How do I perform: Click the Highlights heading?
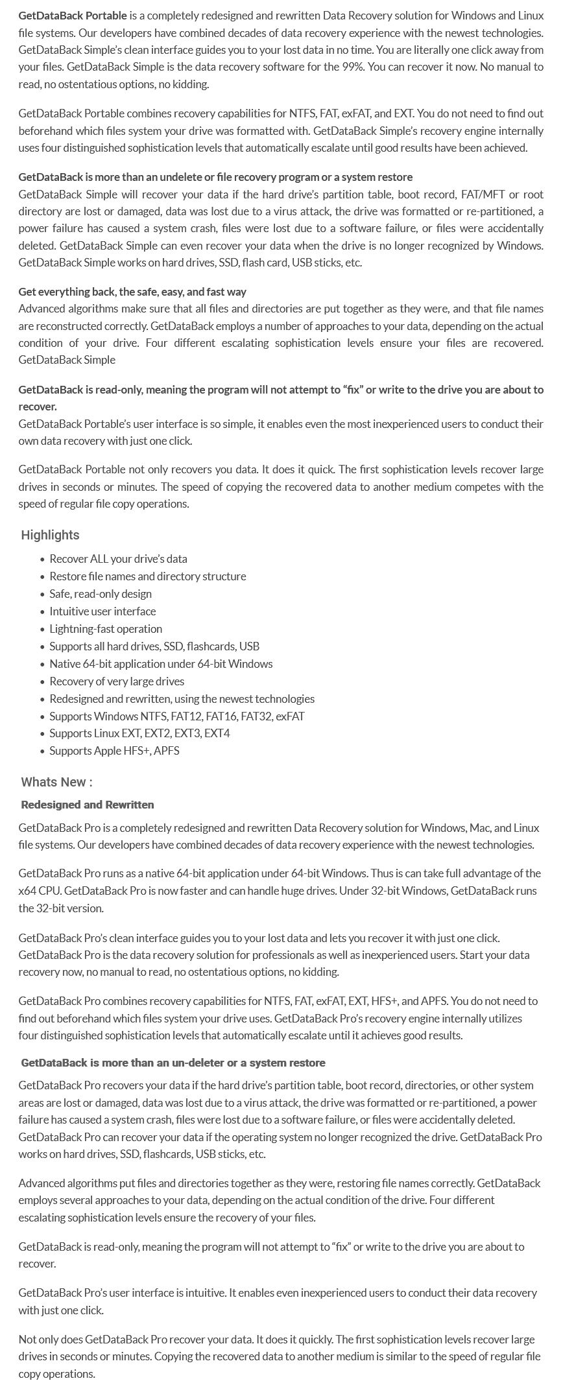pyautogui.click(x=50, y=535)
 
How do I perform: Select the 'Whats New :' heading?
pyautogui.click(x=56, y=782)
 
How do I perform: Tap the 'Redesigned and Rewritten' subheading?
pyautogui.click(x=88, y=805)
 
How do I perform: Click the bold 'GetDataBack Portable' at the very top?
pyautogui.click(x=73, y=16)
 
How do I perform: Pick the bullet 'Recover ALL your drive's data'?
pyautogui.click(x=118, y=559)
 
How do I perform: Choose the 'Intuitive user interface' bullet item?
pyautogui.click(x=102, y=611)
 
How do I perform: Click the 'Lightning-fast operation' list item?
pyautogui.click(x=106, y=629)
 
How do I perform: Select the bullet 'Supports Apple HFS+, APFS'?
pyautogui.click(x=114, y=751)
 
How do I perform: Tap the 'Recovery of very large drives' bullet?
pyautogui.click(x=117, y=681)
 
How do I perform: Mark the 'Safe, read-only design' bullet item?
pyautogui.click(x=101, y=594)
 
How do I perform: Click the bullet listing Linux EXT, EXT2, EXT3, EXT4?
pyautogui.click(x=139, y=733)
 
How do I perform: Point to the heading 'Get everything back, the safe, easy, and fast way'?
pyautogui.click(x=132, y=292)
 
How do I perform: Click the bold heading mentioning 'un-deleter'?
pyautogui.click(x=173, y=1063)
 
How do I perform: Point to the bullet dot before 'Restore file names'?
pyautogui.click(x=42, y=577)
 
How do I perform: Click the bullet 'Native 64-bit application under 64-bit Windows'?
pyautogui.click(x=161, y=664)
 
